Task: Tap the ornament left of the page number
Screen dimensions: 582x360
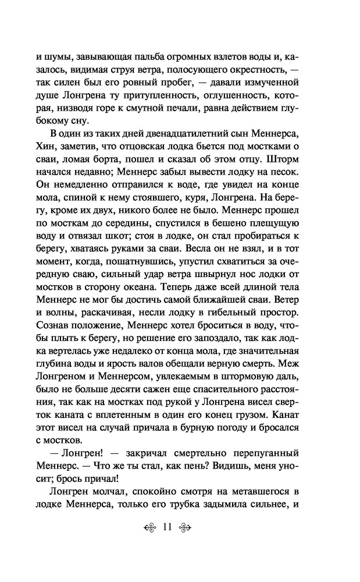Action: tap(150, 528)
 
